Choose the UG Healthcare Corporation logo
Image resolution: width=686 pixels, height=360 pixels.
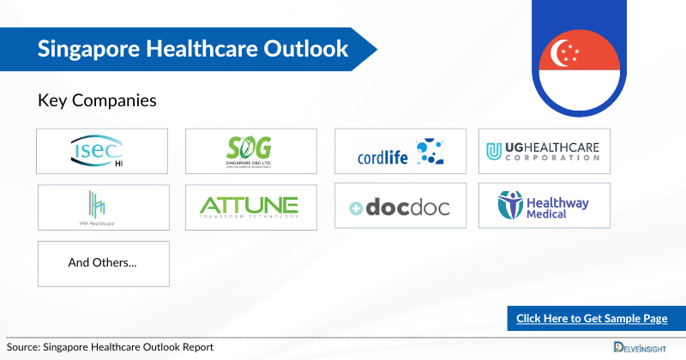544,151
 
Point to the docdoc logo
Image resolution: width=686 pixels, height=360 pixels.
400,207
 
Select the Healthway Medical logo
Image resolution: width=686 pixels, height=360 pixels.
544,206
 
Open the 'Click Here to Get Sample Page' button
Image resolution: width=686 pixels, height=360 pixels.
592,319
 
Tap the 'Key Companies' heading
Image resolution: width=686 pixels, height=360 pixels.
97,100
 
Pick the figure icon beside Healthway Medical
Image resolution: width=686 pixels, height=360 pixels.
511,205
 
